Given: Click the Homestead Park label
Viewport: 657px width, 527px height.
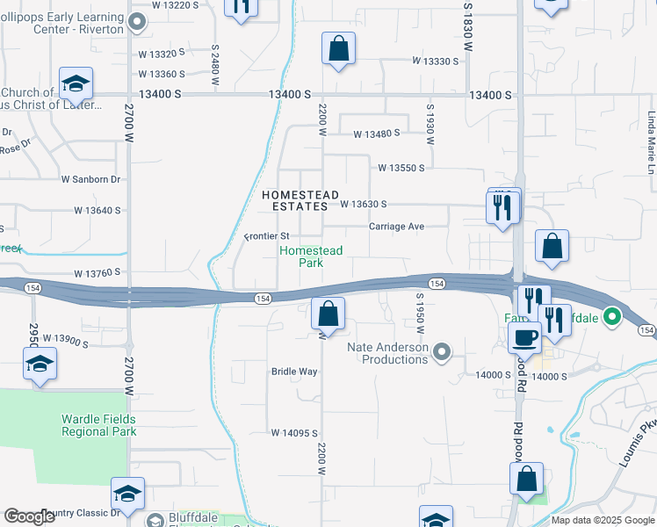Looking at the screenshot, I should coord(310,256).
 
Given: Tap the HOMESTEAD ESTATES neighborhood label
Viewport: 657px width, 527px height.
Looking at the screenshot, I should coord(296,199).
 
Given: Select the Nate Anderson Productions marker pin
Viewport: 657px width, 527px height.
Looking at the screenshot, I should coord(443,352).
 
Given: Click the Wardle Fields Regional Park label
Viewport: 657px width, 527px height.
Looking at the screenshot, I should coord(98,425).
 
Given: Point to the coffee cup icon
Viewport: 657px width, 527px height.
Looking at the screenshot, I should coord(526,338).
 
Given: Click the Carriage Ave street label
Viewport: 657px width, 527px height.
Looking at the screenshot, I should coord(396,227).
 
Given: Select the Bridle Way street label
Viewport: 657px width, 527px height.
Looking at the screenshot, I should coord(294,372).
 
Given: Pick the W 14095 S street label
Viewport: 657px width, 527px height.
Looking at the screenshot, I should coord(294,433).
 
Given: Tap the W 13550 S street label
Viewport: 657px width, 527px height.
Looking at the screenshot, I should coord(401,168).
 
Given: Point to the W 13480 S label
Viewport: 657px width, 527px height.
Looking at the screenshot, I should coord(376,134).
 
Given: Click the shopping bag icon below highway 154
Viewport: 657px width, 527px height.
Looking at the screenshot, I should coord(328,313).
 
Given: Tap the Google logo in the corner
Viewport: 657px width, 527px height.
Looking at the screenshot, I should coord(30,516).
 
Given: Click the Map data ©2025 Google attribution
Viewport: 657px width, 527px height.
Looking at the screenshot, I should coord(602,520).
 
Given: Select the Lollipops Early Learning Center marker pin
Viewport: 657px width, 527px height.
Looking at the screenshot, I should coord(137,22).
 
